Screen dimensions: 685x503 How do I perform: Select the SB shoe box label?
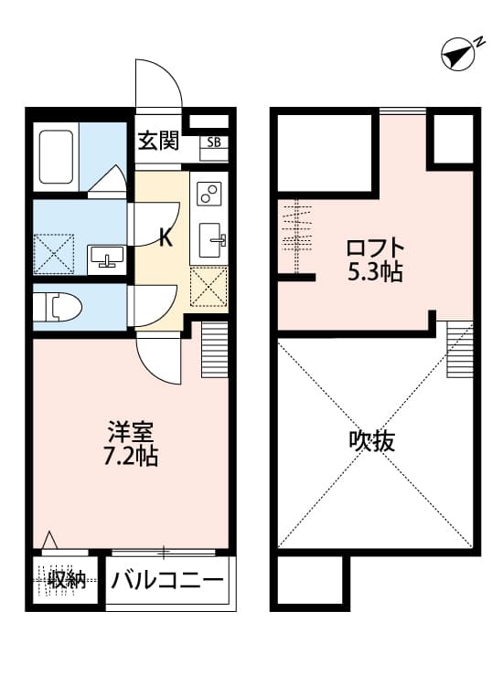click(x=214, y=142)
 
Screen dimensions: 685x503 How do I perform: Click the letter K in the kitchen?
click(x=166, y=238)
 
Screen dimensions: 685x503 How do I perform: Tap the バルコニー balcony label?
click(x=168, y=580)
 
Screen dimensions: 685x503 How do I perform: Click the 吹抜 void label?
click(x=372, y=441)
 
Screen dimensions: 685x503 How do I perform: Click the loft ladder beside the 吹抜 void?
click(x=459, y=350)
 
